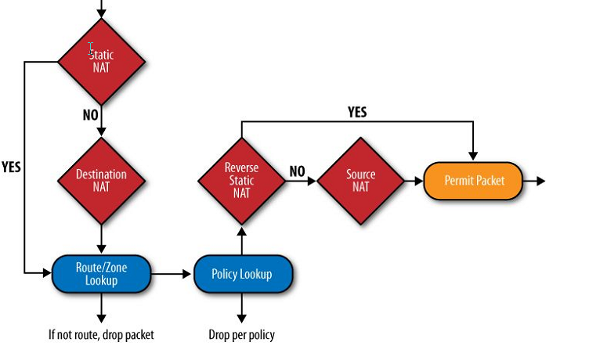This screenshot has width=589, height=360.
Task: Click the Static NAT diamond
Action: coord(102,61)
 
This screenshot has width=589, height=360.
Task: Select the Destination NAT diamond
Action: coord(102,181)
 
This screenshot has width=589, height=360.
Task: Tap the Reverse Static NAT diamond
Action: coord(241,181)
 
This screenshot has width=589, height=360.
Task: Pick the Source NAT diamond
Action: coord(360,181)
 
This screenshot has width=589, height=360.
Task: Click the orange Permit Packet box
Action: coord(474,181)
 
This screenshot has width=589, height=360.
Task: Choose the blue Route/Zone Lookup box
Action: coord(101,274)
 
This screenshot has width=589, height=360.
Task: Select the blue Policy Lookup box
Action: coord(242,274)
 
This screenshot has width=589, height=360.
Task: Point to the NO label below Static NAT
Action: coord(90,115)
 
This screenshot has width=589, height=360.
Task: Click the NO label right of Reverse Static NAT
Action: coord(297,171)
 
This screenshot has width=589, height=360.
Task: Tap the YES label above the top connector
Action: coord(356,112)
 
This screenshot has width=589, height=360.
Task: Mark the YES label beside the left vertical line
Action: coord(11,167)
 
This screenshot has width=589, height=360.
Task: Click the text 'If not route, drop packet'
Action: coord(101,335)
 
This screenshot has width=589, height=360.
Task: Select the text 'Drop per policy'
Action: coord(242,335)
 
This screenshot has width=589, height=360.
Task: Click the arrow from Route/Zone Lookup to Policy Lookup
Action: coord(172,274)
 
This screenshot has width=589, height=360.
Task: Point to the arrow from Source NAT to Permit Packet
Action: coord(413,181)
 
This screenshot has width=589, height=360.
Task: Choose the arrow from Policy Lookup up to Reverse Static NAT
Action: coord(241,239)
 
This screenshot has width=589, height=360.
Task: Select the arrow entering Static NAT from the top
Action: coord(101,9)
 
